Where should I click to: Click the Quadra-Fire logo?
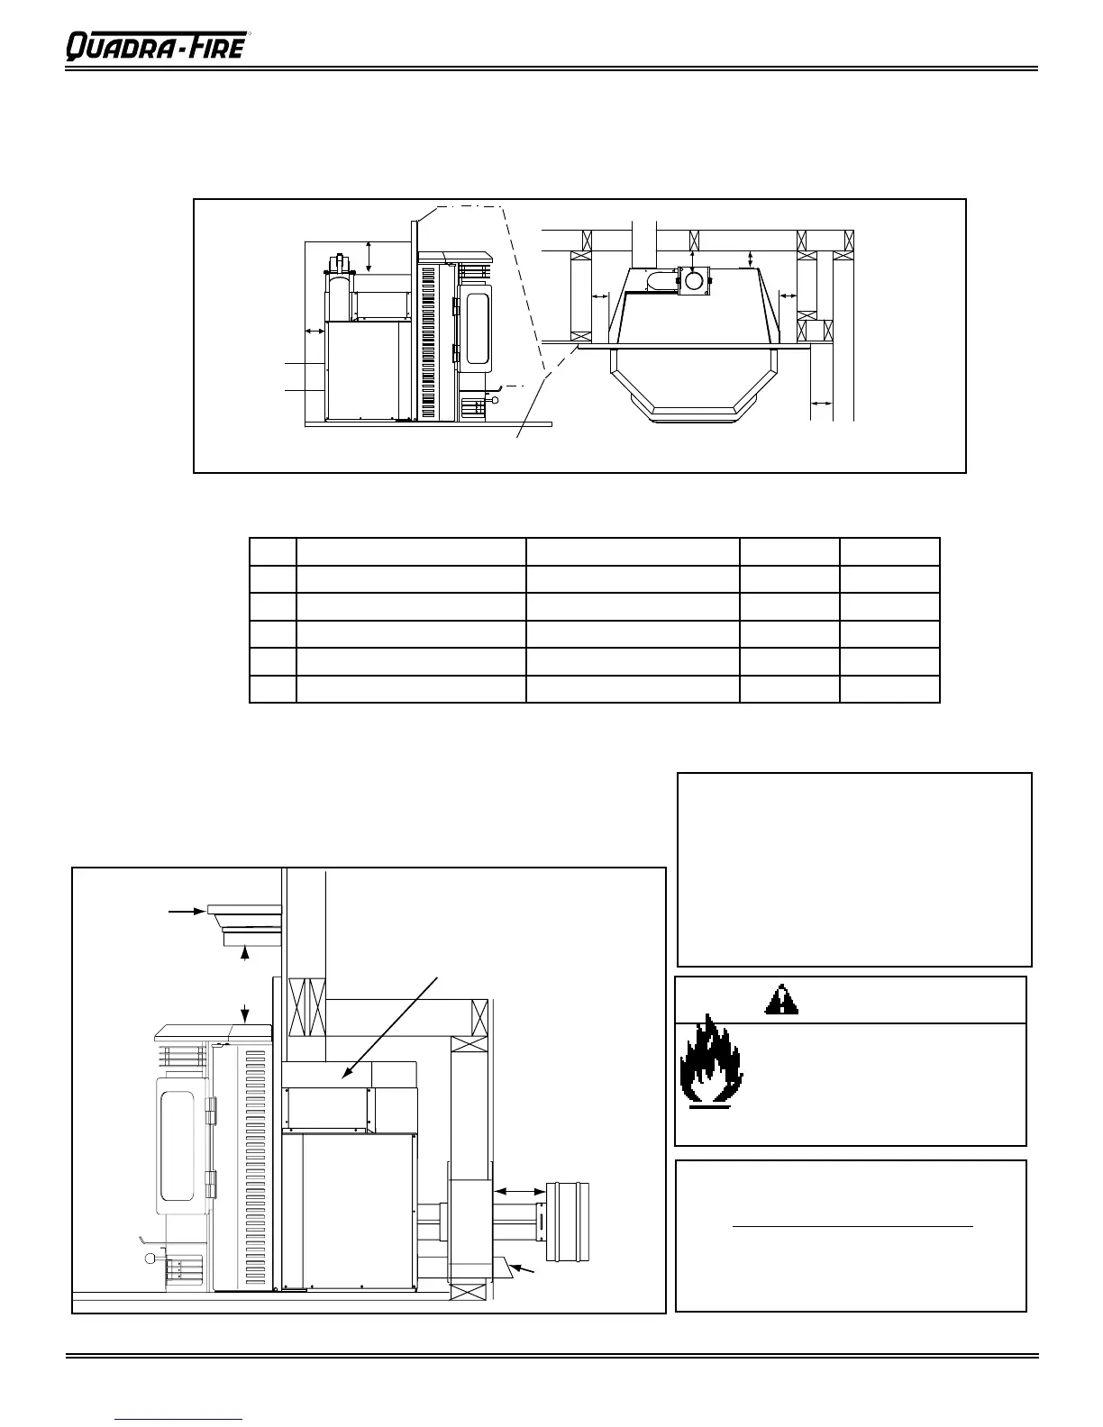click(x=155, y=44)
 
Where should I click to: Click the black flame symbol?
click(x=711, y=1060)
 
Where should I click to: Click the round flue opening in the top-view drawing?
click(x=693, y=280)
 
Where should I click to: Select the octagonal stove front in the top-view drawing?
click(x=694, y=385)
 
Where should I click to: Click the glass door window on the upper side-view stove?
click(x=477, y=329)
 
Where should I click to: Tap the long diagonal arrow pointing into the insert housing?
click(x=392, y=1027)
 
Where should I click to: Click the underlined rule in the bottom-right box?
click(x=852, y=1226)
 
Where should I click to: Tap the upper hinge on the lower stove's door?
click(x=211, y=1115)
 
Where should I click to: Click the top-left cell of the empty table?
click(x=273, y=552)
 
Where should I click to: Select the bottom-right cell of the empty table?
click(x=889, y=689)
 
